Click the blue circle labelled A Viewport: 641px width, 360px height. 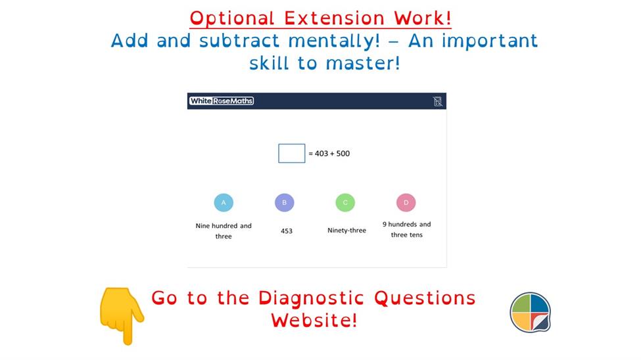(x=224, y=203)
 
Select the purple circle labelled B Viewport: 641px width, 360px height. (x=285, y=203)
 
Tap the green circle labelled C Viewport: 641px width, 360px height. (x=345, y=203)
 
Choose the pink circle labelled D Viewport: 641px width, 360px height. (x=406, y=203)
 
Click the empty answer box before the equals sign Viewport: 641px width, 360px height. (x=291, y=153)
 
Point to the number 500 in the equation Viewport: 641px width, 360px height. (x=343, y=154)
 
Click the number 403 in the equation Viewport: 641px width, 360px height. (x=321, y=154)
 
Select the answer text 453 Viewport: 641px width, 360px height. (x=287, y=231)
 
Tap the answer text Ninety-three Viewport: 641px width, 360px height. (x=346, y=231)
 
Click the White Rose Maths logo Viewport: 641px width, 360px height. (x=222, y=101)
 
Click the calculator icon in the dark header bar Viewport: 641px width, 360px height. (x=437, y=101)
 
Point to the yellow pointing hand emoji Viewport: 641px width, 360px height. (x=122, y=315)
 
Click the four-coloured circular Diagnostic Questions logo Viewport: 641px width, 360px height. (x=531, y=312)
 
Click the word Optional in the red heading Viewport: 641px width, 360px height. (x=232, y=19)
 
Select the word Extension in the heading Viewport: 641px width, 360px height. (x=335, y=18)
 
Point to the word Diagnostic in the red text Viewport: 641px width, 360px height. (x=311, y=299)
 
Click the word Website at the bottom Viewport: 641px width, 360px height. (x=314, y=320)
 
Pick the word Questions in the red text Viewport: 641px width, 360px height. (x=425, y=298)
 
